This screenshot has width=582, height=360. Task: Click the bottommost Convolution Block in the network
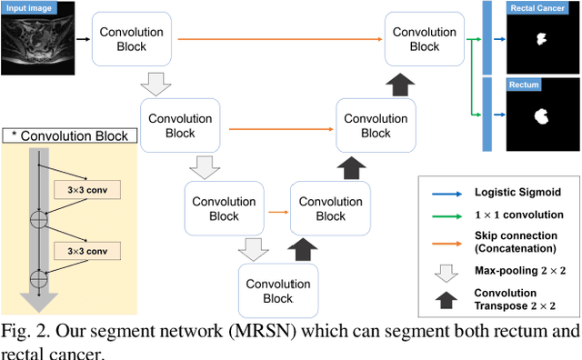coord(279,290)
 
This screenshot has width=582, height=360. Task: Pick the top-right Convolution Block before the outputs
coord(424,39)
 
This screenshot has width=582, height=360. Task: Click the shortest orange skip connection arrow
coord(277,211)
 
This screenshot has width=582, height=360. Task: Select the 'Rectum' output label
coord(525,85)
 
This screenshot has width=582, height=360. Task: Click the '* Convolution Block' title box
coord(70,136)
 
